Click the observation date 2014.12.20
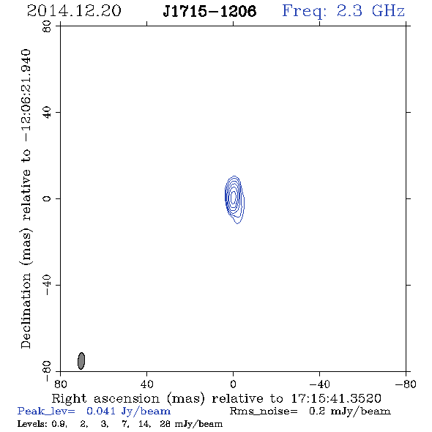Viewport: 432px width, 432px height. point(74,11)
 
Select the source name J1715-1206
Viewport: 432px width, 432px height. point(209,12)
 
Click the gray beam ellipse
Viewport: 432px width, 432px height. point(81,361)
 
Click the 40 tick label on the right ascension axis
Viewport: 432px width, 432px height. point(147,384)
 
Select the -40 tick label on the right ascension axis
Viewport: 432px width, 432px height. point(319,384)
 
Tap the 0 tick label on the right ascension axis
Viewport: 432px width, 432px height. point(234,384)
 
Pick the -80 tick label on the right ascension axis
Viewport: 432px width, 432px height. point(406,384)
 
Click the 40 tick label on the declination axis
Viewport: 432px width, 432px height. point(47,113)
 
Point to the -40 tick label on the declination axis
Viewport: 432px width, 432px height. point(47,285)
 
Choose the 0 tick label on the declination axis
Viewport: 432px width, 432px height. point(47,198)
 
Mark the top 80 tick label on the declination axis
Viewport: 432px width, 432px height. point(47,26)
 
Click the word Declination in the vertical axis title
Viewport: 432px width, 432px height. point(26,311)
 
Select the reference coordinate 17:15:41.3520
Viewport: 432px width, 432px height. point(336,398)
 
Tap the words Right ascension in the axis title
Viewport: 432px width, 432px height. point(105,398)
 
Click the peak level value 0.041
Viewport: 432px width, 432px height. point(101,411)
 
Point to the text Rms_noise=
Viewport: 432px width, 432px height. point(264,411)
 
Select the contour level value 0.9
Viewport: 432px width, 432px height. point(59,423)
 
